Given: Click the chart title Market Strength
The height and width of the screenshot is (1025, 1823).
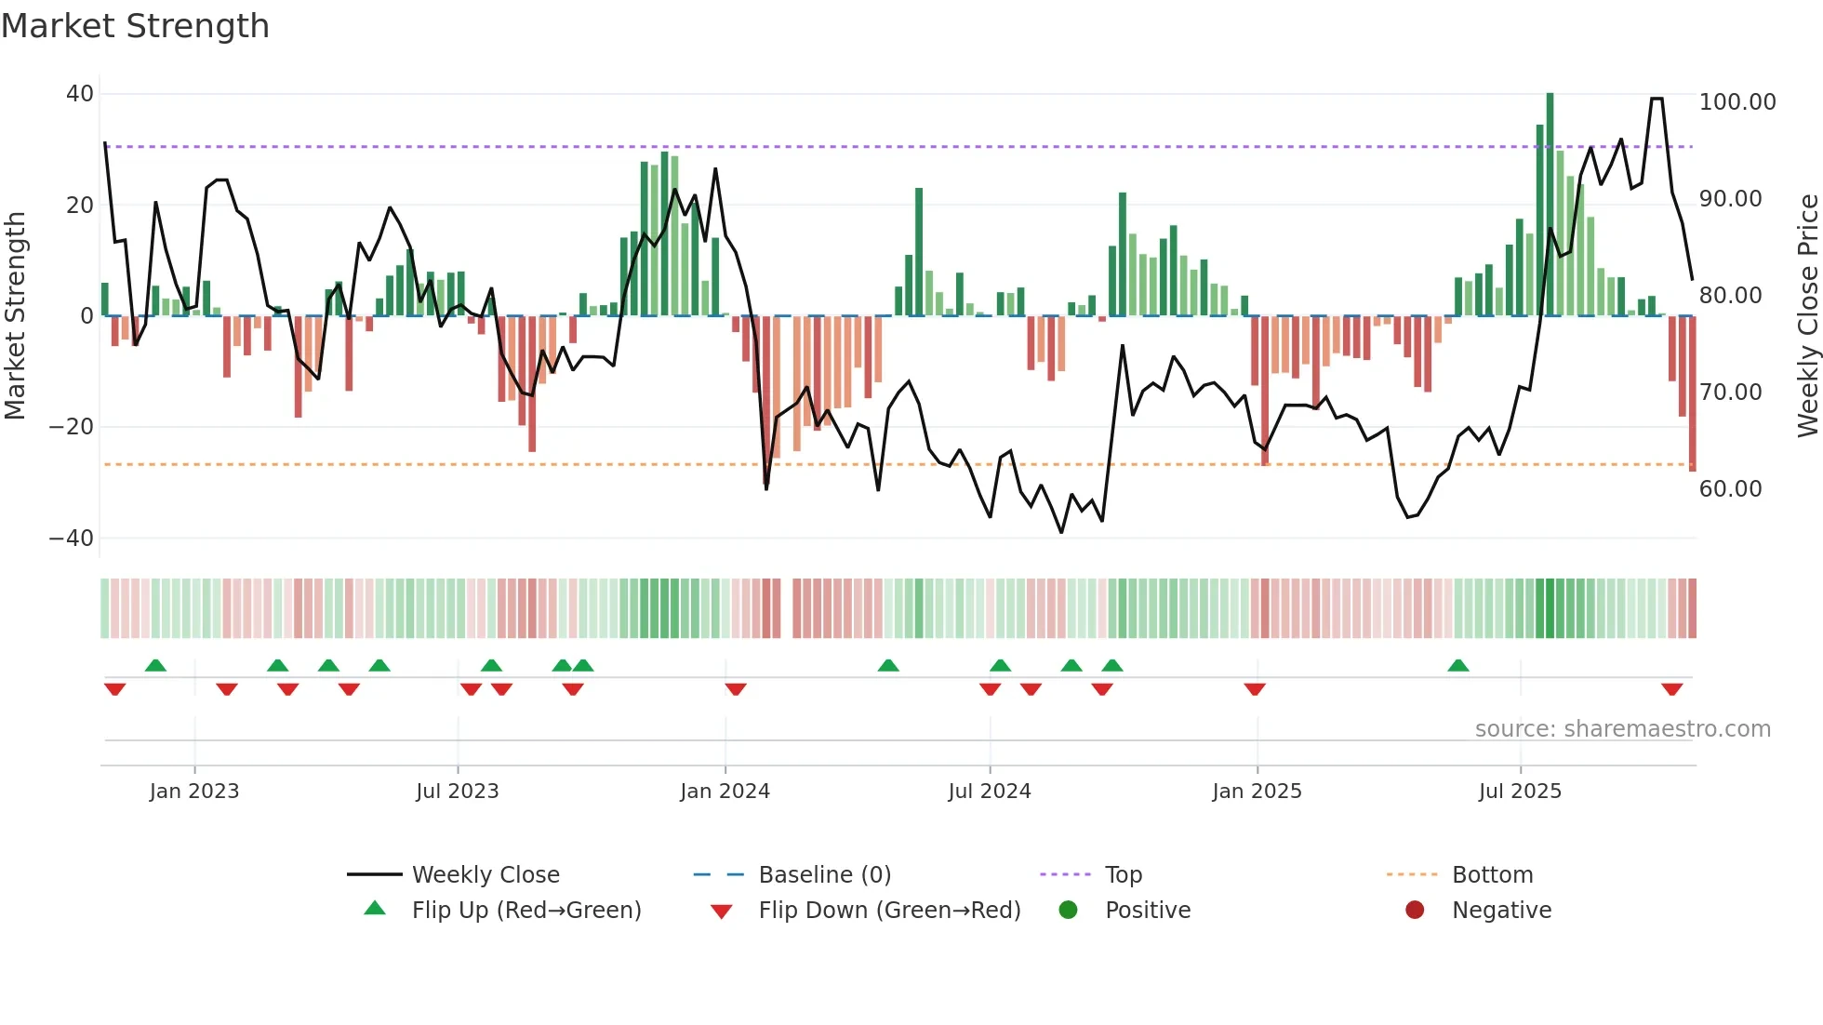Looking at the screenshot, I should [135, 26].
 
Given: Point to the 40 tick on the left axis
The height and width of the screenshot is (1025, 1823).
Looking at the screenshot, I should [80, 94].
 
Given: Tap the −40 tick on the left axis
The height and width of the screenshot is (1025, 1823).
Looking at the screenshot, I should [72, 539].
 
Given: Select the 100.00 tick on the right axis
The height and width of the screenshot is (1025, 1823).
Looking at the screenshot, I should [1737, 102].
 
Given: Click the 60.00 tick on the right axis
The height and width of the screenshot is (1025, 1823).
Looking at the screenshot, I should [1730, 489].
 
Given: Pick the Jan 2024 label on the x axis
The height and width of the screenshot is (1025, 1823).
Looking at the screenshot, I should [725, 792].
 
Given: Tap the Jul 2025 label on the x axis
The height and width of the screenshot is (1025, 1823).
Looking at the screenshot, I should [1520, 792].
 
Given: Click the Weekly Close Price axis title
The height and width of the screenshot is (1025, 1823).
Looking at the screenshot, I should [1807, 315].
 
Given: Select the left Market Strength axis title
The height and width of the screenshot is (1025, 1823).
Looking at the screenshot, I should [16, 315].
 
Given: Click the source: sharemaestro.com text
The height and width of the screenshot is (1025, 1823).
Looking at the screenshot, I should [1622, 729].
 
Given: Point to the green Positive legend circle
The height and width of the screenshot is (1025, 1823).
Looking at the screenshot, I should [1068, 910].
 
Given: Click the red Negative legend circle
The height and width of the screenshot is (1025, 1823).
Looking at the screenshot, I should [1415, 910].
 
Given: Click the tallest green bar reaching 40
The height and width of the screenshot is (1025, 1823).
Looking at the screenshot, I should [1550, 205].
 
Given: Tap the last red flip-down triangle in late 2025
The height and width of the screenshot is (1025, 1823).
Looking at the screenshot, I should [1671, 689].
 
